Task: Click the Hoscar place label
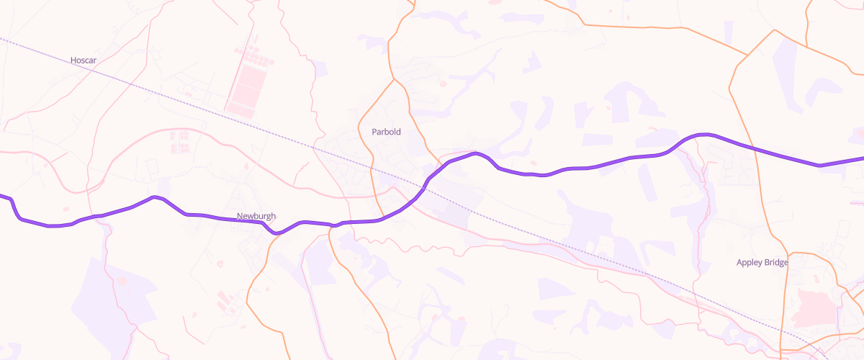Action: coord(84,60)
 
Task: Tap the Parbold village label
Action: coord(386,132)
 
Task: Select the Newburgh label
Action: coord(256,216)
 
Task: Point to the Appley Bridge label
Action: coord(762,262)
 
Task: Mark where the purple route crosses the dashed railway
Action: coord(422,189)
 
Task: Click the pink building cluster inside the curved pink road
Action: coord(179,140)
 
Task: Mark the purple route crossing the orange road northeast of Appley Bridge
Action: coord(749,146)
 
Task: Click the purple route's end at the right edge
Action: coord(862,158)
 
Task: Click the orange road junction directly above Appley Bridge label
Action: coord(790,253)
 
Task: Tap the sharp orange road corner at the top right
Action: coord(775,30)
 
